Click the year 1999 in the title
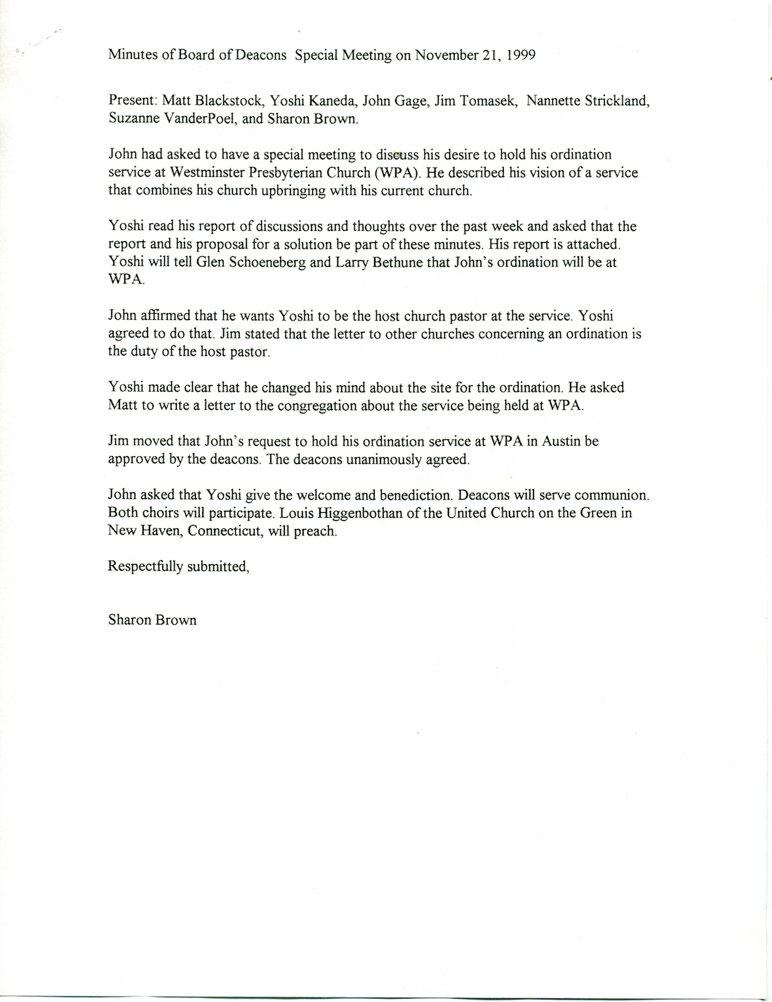[x=519, y=55]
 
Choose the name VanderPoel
[x=194, y=119]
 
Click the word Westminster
[x=215, y=173]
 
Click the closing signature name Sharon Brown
[x=152, y=620]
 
